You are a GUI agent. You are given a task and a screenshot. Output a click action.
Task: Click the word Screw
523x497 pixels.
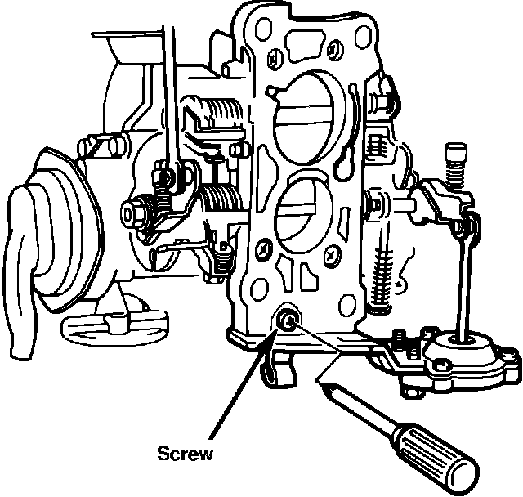pos(185,451)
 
